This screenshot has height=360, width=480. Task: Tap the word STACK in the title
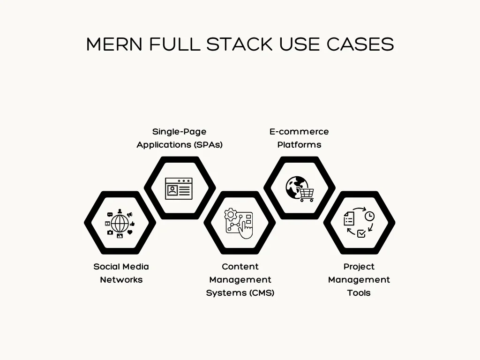pyautogui.click(x=240, y=45)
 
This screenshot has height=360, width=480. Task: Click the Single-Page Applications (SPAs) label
pyautogui.click(x=180, y=138)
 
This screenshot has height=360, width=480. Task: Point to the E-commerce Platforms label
pyautogui.click(x=299, y=138)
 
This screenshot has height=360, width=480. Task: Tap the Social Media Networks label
pyautogui.click(x=121, y=273)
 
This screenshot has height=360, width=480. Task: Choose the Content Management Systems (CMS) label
pyautogui.click(x=240, y=279)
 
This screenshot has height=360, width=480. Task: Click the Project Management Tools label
pyautogui.click(x=359, y=279)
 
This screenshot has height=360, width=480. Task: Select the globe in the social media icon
pyautogui.click(x=120, y=223)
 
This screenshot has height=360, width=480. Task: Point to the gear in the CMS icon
pyautogui.click(x=230, y=215)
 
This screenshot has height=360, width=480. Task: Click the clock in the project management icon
pyautogui.click(x=370, y=216)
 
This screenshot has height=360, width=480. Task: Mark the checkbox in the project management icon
pyautogui.click(x=361, y=233)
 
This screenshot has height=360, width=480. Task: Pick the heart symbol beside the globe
pyautogui.click(x=130, y=232)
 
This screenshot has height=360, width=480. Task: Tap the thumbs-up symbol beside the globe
pyautogui.click(x=132, y=224)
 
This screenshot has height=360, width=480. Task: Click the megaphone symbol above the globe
pyautogui.click(x=129, y=215)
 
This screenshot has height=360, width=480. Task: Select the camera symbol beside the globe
pyautogui.click(x=110, y=232)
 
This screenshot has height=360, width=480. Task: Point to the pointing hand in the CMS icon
pyautogui.click(x=246, y=231)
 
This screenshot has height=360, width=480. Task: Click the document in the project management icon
pyautogui.click(x=349, y=217)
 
